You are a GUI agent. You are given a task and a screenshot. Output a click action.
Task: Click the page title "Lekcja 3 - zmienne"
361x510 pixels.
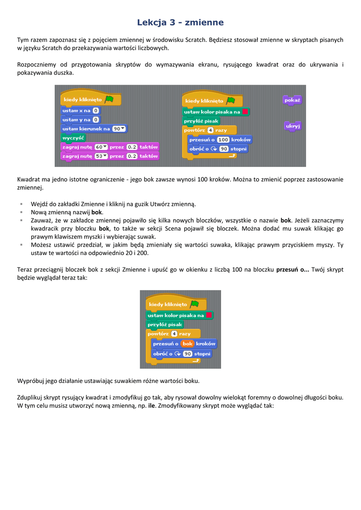[x=180, y=22]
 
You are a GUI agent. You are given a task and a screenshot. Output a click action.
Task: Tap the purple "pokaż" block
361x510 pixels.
[x=292, y=100]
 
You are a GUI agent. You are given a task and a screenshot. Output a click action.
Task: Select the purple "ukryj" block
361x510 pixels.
[x=292, y=126]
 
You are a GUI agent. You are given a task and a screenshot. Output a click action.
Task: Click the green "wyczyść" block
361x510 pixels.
[x=73, y=137]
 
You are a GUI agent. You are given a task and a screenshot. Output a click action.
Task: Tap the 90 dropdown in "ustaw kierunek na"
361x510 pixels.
[x=119, y=128]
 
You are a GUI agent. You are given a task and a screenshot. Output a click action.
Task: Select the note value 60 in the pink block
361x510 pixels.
[x=101, y=147]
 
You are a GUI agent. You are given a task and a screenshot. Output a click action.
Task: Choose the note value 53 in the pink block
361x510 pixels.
[x=101, y=156]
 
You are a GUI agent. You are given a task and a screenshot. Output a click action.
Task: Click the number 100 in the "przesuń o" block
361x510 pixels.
[x=223, y=139]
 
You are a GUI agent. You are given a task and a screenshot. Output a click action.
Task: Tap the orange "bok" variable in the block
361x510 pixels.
[x=187, y=344]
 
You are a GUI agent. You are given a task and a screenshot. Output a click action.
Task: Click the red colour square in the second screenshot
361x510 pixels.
[x=209, y=315]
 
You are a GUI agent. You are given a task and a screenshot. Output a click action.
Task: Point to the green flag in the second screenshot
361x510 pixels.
[x=194, y=303]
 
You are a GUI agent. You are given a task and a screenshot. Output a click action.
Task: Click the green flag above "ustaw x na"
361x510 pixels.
[x=109, y=99]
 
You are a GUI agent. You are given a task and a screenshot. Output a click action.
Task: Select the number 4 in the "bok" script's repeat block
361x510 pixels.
[x=174, y=334]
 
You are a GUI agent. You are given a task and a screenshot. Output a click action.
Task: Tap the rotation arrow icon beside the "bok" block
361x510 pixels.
[x=178, y=354]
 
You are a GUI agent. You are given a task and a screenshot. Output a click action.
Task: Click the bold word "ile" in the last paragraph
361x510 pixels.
[x=152, y=406]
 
